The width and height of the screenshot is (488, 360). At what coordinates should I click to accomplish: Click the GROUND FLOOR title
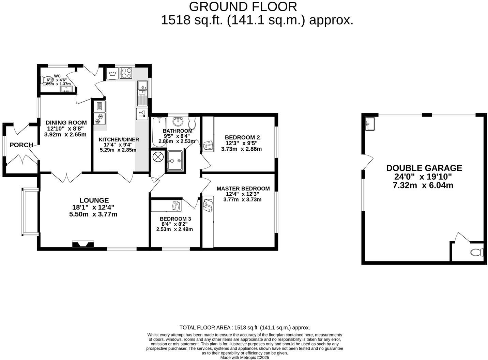243,6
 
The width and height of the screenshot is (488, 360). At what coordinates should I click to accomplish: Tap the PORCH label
21,145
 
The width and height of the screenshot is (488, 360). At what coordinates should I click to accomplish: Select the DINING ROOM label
66,123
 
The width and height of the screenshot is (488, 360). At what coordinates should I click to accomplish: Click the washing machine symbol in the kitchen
112,73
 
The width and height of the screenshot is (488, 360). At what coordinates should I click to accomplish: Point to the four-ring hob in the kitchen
126,73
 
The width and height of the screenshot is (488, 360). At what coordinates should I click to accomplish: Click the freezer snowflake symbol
99,120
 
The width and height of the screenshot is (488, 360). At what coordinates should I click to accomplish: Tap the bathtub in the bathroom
158,132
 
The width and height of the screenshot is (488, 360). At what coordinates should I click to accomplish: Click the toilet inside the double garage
476,253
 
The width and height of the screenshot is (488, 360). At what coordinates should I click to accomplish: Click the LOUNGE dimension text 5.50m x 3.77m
93,214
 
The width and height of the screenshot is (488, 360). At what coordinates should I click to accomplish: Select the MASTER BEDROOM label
243,189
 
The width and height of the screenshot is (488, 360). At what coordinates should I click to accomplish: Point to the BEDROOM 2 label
242,137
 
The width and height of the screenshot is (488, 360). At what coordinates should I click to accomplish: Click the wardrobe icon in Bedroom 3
176,206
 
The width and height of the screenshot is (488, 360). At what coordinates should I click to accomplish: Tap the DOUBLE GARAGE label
424,168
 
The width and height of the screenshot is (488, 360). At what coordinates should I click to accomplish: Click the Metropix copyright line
244,358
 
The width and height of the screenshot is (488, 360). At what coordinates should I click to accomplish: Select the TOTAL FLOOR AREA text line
244,328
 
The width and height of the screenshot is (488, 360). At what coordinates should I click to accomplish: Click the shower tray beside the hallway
175,160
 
